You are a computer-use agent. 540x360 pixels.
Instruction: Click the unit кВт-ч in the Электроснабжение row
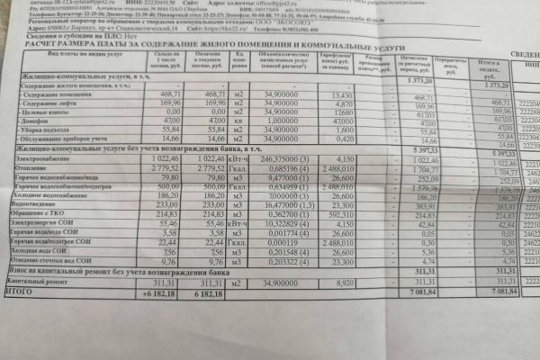[x=238, y=158]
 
